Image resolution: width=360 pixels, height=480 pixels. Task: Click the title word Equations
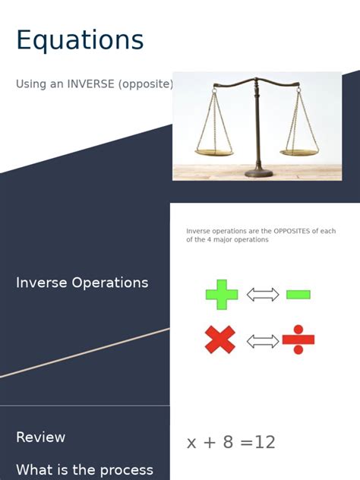point(80,40)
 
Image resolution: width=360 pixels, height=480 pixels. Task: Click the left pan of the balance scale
point(213,152)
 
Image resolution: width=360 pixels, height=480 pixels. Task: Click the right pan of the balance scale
point(300,151)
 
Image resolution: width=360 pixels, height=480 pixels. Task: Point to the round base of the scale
point(258,173)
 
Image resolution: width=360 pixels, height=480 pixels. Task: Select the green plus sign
point(222,295)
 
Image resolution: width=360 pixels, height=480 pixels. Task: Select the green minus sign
point(298,295)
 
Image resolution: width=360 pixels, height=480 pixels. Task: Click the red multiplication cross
point(220,339)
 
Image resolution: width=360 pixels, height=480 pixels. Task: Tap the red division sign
point(298,340)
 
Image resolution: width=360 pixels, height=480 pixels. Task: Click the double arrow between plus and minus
point(263,295)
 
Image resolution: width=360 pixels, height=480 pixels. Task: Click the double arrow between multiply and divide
point(263,341)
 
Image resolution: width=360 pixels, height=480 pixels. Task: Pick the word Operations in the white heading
point(112,283)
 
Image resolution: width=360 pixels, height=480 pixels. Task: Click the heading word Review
point(41,437)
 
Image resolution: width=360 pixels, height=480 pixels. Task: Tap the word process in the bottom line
point(125,470)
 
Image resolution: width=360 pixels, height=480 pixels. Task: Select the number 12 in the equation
point(264,443)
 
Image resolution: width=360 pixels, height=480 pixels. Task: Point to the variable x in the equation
point(192,443)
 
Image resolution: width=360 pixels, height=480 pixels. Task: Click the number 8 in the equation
point(228,443)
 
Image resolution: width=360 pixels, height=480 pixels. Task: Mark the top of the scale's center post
point(256,78)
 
